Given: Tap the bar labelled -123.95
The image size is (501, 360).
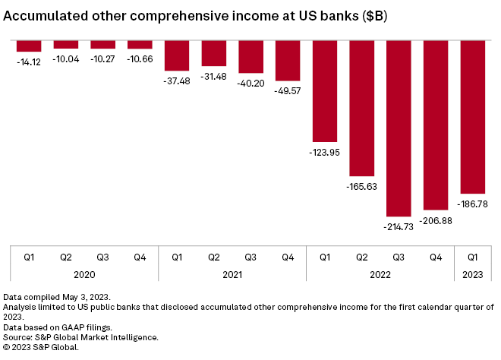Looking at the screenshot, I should [x=325, y=90].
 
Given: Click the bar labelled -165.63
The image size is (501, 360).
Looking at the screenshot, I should [x=362, y=108].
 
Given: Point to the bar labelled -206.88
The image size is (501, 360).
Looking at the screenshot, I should [x=436, y=125].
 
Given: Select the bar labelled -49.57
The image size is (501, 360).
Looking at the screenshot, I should [x=288, y=60].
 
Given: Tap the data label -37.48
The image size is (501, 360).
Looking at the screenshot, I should [x=177, y=81].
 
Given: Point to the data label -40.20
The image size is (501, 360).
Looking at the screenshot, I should [x=251, y=84].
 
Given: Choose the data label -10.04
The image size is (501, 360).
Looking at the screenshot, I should [x=65, y=57].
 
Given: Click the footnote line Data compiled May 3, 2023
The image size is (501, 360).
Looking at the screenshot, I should [x=57, y=295].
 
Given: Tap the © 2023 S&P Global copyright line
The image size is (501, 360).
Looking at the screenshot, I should [x=41, y=347].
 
